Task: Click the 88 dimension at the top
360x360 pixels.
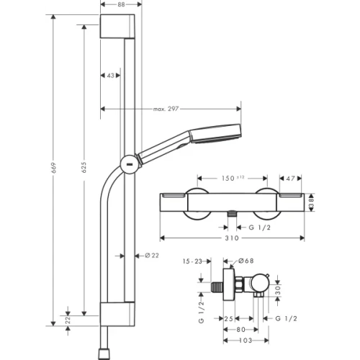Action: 122,4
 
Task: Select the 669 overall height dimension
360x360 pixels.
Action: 53,168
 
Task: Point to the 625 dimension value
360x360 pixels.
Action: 84,167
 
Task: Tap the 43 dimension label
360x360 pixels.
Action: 110,76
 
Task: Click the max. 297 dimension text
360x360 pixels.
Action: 166,109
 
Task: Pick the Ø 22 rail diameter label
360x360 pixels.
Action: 152,256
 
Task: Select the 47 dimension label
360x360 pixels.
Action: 290,179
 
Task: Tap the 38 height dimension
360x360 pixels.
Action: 311,203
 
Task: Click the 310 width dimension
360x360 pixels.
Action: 232,238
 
